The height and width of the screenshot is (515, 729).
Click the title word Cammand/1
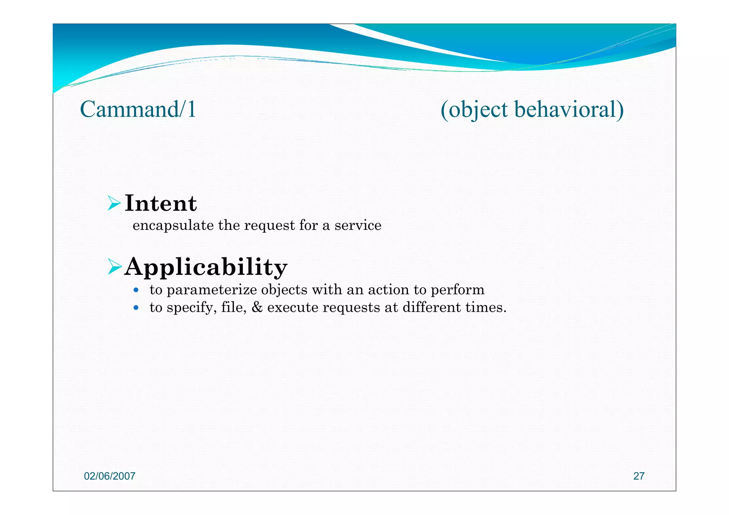pos(138,109)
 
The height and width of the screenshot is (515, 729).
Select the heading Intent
pos(161,204)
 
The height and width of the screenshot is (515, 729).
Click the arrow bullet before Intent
pos(115,204)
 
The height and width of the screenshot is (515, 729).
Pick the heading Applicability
pos(206,267)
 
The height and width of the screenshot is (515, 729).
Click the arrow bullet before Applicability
pos(115,267)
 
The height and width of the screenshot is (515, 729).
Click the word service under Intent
pos(358,226)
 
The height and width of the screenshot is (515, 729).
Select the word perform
pos(457,290)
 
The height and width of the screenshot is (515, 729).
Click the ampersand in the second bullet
pos(257,308)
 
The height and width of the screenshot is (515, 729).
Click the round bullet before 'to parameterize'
pos(136,290)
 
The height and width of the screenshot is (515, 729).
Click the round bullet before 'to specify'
pos(136,308)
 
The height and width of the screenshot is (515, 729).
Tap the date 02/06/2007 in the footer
pos(110,476)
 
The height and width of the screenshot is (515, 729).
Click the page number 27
pos(639,476)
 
